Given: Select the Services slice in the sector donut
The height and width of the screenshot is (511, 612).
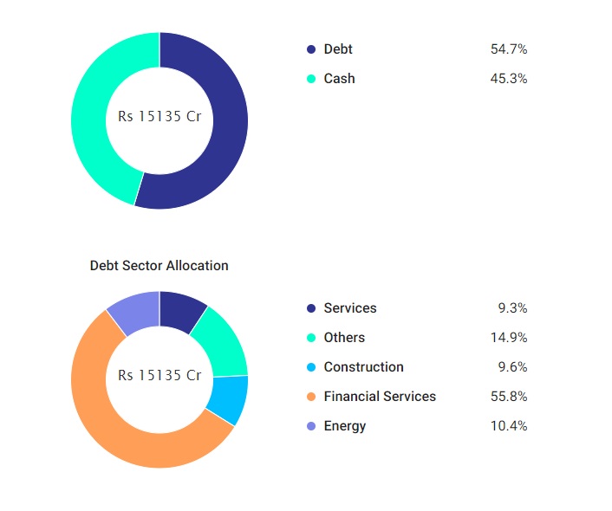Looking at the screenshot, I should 181,311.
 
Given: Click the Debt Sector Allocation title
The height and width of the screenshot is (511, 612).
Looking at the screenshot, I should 160,265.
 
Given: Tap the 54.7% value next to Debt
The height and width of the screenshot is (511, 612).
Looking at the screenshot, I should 509,49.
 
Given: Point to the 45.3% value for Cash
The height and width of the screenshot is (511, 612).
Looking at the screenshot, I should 509,79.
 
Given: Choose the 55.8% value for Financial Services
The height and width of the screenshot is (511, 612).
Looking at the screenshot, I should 509,397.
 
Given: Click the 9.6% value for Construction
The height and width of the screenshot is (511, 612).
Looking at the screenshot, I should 511,367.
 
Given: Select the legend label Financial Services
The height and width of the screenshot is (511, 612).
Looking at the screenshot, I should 380,397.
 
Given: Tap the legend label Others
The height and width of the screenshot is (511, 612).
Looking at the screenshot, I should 344,338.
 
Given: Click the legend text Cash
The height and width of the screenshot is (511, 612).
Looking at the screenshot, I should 339,79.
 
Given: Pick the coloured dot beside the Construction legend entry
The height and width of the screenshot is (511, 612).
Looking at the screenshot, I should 311,367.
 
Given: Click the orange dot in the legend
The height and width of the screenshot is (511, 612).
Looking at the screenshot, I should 311,397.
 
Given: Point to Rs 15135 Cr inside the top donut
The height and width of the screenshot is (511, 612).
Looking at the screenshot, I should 160,116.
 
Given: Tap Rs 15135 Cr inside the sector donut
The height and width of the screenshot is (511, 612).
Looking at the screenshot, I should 160,376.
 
